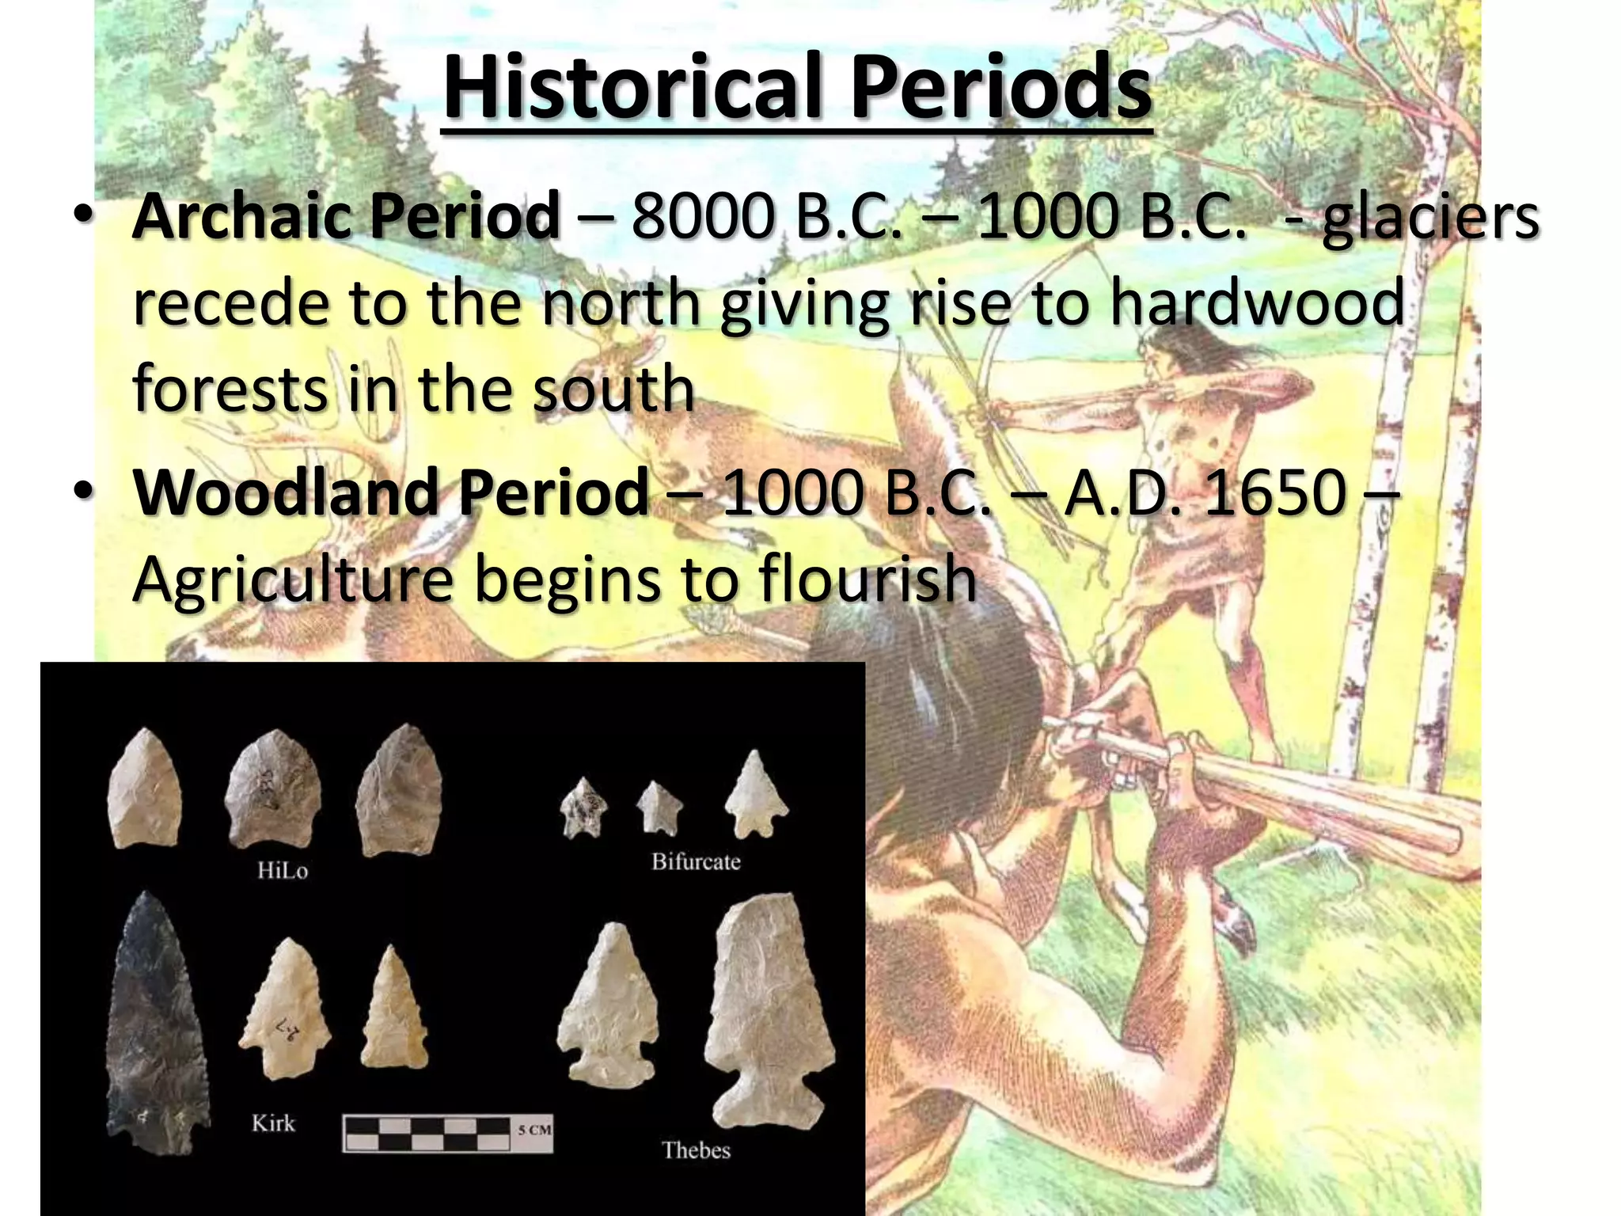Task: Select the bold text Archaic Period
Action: (346, 215)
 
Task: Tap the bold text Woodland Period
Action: (391, 492)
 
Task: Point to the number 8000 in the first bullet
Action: (700, 215)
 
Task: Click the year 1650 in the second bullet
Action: (1274, 492)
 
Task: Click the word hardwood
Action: (1256, 302)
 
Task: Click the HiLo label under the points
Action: (283, 871)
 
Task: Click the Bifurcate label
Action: (696, 861)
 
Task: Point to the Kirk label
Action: (273, 1123)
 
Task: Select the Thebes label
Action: (696, 1149)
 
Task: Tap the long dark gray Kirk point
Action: (155, 1021)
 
